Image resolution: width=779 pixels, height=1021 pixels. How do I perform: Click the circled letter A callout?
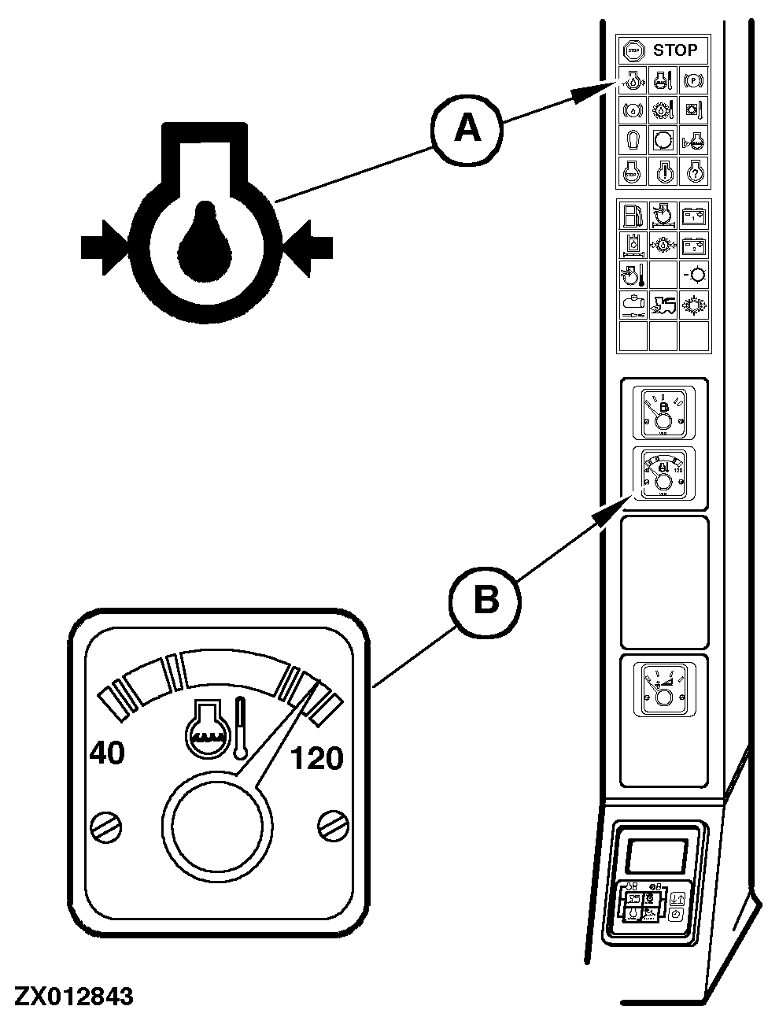point(467,128)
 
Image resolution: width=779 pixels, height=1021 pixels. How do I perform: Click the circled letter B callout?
point(485,601)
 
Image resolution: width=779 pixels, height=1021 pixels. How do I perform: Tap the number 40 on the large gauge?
point(106,753)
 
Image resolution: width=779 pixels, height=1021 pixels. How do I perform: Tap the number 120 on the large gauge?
point(317,759)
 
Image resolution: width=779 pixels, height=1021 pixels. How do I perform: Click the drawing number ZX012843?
point(72,997)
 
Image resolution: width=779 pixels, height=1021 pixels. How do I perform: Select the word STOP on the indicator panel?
point(675,50)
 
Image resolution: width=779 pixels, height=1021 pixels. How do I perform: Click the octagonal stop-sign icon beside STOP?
point(631,50)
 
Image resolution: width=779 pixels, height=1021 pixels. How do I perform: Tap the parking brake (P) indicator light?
point(693,80)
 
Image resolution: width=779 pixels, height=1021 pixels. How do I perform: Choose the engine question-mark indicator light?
point(693,170)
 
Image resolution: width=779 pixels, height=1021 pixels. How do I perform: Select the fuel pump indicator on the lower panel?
point(632,215)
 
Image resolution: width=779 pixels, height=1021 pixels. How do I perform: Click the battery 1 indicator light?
point(693,215)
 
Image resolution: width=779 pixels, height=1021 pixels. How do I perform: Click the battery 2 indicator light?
point(693,245)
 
